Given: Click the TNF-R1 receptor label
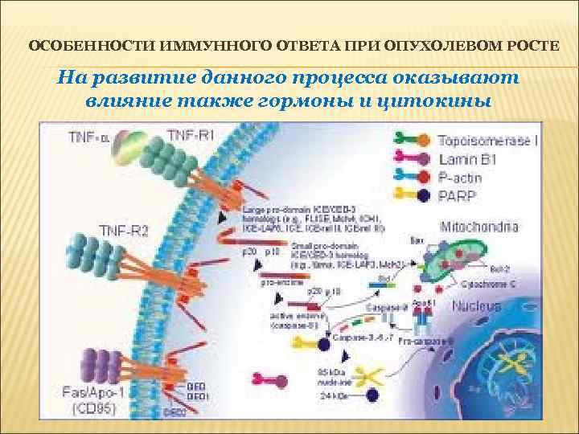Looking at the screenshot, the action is click(191, 136).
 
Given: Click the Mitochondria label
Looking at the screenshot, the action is click(478, 227).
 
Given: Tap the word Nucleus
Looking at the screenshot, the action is click(477, 306).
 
